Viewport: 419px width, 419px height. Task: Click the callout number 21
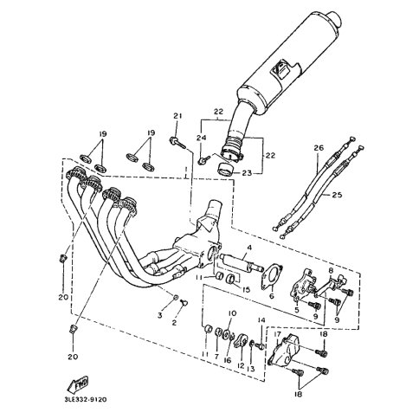[177, 116]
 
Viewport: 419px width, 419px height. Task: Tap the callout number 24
[202, 139]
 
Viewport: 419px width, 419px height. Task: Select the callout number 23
[247, 173]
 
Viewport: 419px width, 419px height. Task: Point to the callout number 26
[319, 148]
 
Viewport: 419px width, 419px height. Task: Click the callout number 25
[337, 195]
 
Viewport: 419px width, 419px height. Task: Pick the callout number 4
[249, 248]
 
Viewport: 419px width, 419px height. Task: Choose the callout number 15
[246, 289]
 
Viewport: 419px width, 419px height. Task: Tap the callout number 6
[272, 296]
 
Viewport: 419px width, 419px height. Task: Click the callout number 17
[278, 334]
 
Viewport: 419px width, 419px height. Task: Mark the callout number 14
[261, 319]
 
